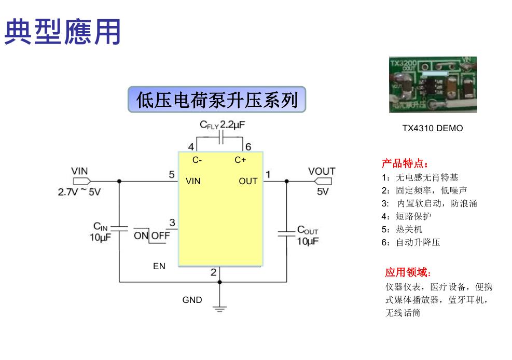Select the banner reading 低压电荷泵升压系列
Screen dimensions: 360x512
pos(216,100)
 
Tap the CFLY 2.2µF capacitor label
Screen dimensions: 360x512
pos(222,125)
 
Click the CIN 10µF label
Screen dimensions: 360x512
pos(100,232)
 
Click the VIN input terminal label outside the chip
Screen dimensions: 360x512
pos(79,171)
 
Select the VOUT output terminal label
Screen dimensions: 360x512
pos(322,171)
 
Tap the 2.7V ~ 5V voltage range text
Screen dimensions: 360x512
pos(79,192)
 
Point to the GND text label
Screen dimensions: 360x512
pos(192,300)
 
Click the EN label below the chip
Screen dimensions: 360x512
pos(159,266)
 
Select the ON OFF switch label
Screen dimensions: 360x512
pos(151,236)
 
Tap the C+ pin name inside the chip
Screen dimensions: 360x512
pos(240,160)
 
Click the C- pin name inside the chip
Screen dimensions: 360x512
pos(197,160)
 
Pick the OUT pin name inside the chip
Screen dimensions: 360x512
pos(248,181)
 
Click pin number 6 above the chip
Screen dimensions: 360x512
pos(248,147)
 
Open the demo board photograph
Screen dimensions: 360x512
pos(433,85)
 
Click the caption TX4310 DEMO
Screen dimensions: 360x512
pos(432,128)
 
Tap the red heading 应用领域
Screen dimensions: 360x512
pos(408,272)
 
